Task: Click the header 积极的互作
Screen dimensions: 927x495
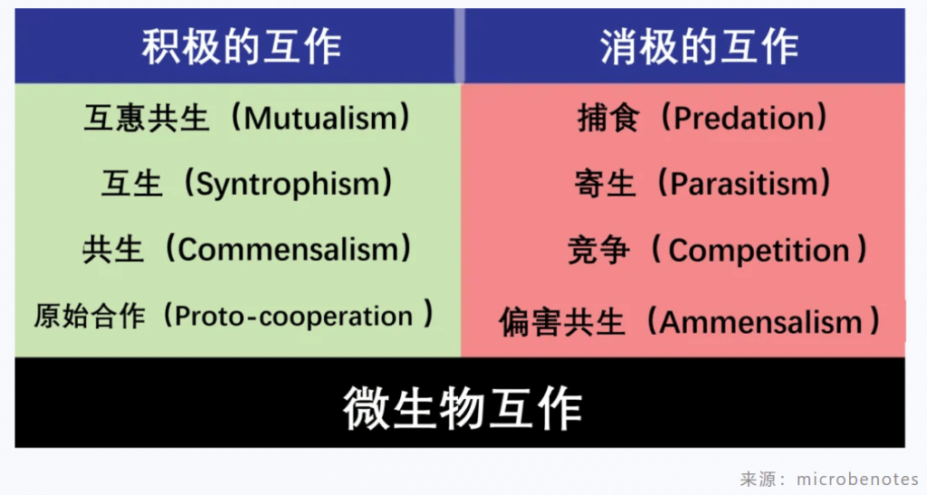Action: point(241,47)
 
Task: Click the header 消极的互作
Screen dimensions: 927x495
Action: point(700,47)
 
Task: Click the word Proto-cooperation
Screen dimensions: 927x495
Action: point(293,317)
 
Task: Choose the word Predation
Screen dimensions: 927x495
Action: point(744,119)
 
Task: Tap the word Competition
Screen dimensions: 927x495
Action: point(760,251)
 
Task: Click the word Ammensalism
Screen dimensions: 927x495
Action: point(762,322)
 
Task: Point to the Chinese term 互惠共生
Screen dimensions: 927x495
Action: point(146,118)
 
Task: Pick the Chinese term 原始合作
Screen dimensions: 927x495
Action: point(90,316)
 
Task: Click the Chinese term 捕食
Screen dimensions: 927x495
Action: point(608,119)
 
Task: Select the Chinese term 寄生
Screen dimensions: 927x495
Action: point(605,183)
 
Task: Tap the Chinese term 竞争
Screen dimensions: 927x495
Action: point(598,250)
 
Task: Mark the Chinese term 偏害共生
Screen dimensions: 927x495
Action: point(561,322)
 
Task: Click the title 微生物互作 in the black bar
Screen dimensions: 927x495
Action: point(463,407)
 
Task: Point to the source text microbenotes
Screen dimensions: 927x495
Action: point(857,479)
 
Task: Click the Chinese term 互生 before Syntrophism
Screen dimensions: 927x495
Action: point(131,183)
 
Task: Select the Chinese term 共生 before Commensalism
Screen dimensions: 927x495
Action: point(112,249)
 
